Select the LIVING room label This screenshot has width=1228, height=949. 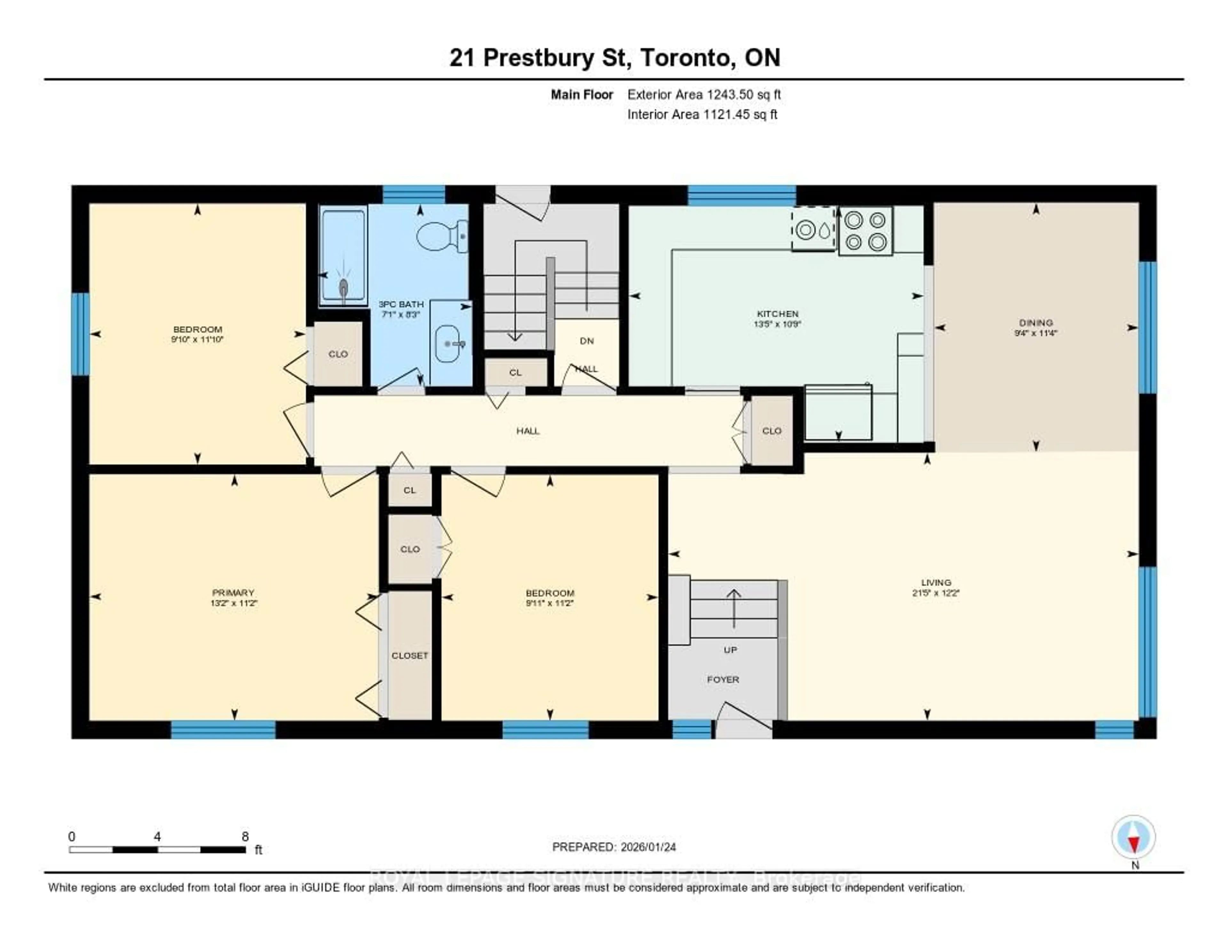click(936, 583)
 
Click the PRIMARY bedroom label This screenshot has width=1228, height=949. click(233, 592)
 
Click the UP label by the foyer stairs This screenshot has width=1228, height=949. click(730, 650)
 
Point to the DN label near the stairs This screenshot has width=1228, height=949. click(586, 341)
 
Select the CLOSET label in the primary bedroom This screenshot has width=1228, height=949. click(409, 655)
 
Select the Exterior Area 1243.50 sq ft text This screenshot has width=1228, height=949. click(704, 94)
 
